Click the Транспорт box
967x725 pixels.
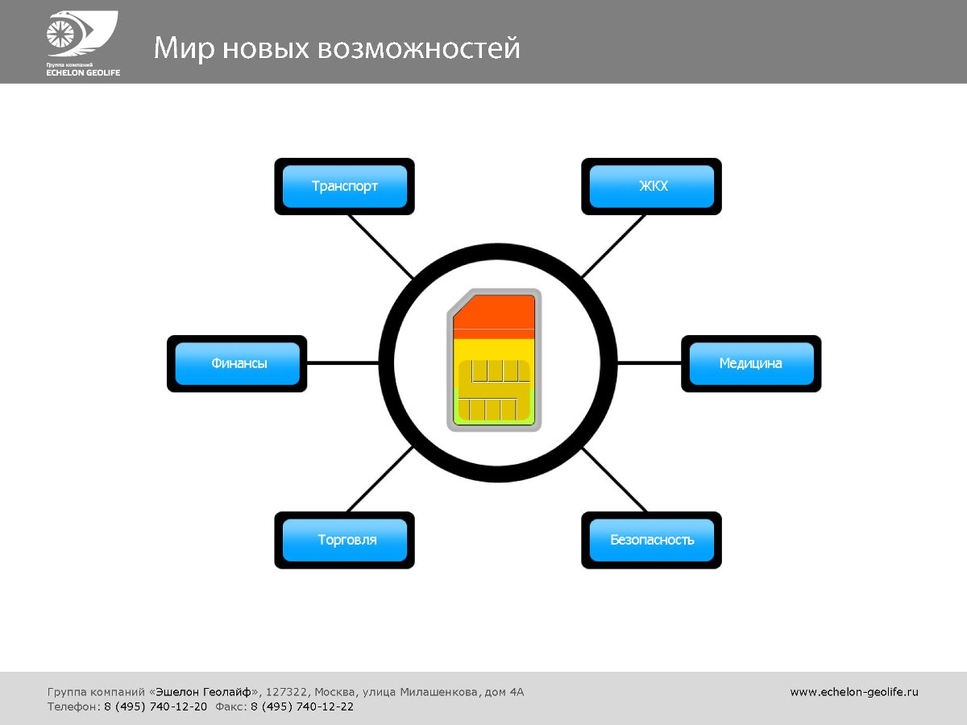[x=345, y=186]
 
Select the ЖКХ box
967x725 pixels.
[x=652, y=186]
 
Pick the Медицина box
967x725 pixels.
[x=751, y=363]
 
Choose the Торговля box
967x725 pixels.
[x=345, y=540]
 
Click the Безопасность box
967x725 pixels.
[x=652, y=540]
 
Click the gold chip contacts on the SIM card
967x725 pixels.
[x=493, y=391]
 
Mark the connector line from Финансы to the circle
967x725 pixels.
[x=343, y=363]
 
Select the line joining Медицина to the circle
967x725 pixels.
[x=649, y=363]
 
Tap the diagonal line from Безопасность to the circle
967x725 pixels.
[x=614, y=480]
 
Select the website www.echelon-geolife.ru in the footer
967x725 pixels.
[x=854, y=691]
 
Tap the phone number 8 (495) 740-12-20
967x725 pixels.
[x=156, y=706]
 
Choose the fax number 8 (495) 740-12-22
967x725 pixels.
[x=302, y=706]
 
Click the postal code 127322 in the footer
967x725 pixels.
[x=286, y=691]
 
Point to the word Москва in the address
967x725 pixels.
[x=335, y=691]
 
